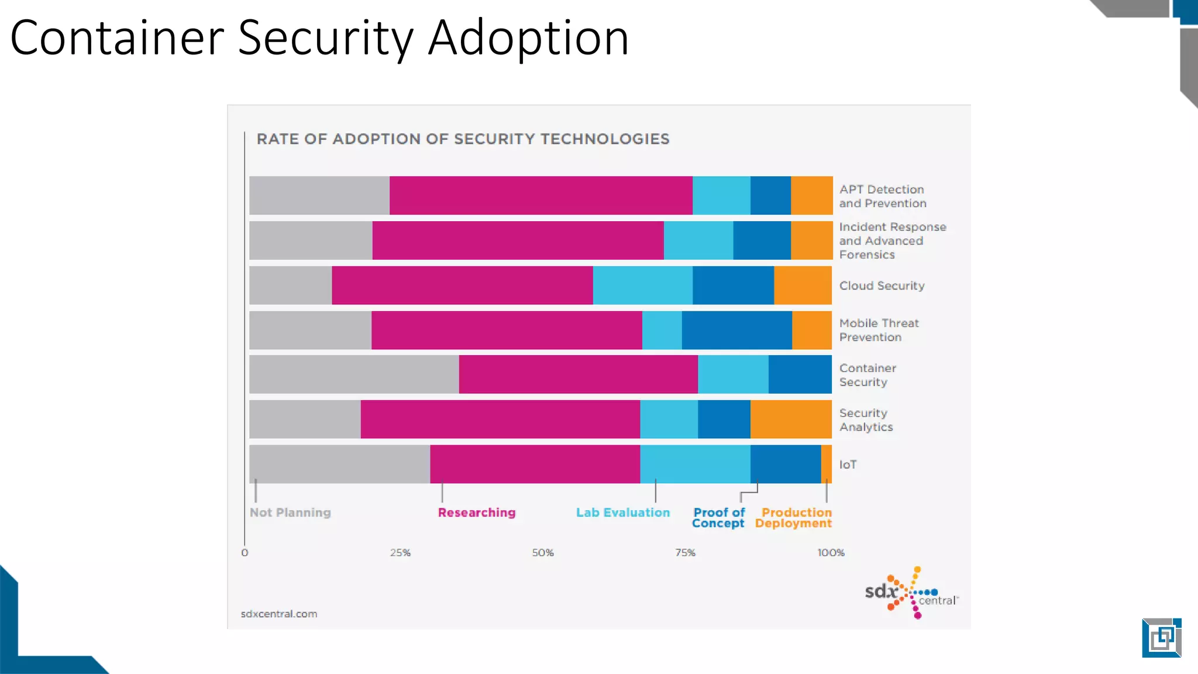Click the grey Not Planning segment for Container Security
[x=354, y=374]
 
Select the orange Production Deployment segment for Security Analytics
[x=791, y=419]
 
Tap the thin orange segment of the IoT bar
[x=827, y=464]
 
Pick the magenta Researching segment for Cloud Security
[x=462, y=285]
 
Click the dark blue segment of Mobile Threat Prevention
[x=736, y=330]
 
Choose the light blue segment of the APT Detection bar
[x=721, y=195]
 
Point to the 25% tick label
[x=400, y=552]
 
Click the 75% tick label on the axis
[x=685, y=552]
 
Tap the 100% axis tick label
[x=831, y=552]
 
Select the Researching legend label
[x=477, y=513]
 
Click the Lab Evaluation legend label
[x=623, y=513]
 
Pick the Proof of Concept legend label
[x=718, y=518]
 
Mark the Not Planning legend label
[x=290, y=513]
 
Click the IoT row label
[x=848, y=465]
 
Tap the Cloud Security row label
[x=882, y=286]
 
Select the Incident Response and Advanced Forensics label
[x=892, y=240]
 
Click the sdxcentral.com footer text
[x=279, y=614]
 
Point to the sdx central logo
[x=910, y=593]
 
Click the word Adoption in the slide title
[x=528, y=38]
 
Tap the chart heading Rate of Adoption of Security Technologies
[x=463, y=139]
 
